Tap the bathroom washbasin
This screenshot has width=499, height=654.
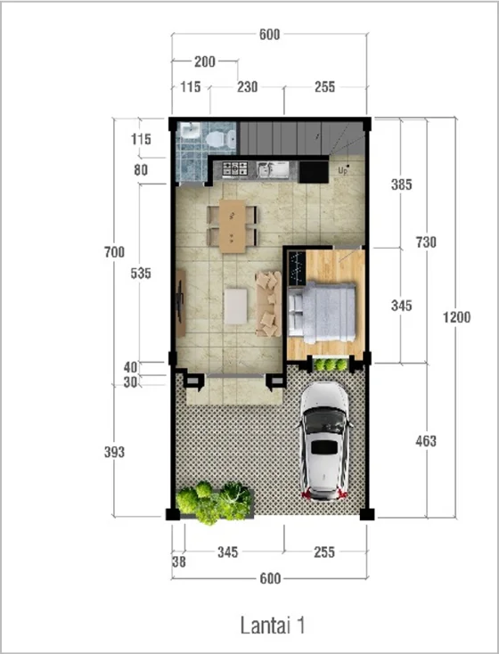click(191, 131)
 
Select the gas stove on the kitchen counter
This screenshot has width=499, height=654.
click(235, 169)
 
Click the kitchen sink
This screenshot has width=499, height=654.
click(274, 169)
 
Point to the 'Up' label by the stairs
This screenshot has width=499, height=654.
click(343, 170)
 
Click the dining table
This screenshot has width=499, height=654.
click(233, 226)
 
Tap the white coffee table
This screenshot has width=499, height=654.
click(236, 307)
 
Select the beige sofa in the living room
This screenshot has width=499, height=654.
click(269, 304)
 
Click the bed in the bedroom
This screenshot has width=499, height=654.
click(322, 313)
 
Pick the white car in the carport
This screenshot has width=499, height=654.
click(324, 440)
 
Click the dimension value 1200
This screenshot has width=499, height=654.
click(457, 317)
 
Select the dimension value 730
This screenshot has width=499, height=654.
click(426, 242)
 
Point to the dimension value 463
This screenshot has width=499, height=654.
click(426, 441)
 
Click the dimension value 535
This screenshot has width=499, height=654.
click(141, 274)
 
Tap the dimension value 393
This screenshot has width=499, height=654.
click(114, 452)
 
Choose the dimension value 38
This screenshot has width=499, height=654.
click(179, 562)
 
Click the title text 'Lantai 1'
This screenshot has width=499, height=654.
click(273, 625)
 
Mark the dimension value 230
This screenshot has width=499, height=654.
click(248, 86)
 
